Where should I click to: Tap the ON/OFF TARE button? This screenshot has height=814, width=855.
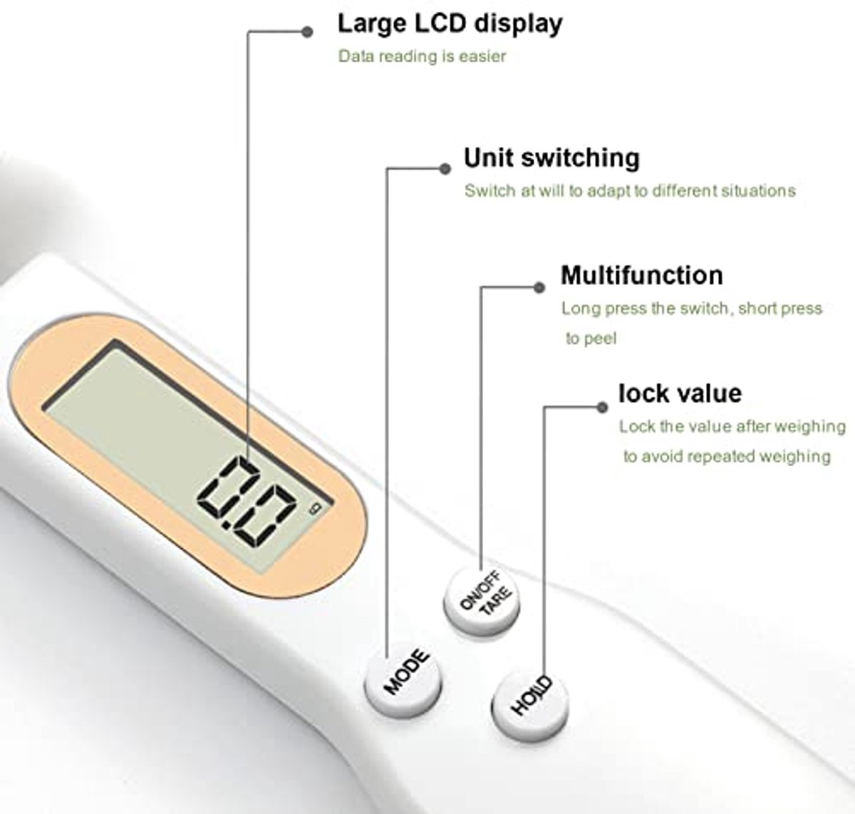click(x=482, y=601)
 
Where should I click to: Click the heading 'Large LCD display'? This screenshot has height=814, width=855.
click(x=450, y=24)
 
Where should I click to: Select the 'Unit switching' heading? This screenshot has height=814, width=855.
click(x=552, y=158)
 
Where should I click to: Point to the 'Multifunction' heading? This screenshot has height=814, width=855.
click(x=642, y=275)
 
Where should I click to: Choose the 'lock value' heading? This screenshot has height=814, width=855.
click(x=680, y=393)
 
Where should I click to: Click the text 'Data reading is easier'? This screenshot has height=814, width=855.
click(x=422, y=56)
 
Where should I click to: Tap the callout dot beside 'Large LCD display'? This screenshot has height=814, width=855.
click(x=308, y=32)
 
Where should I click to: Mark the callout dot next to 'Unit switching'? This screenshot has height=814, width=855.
click(x=445, y=169)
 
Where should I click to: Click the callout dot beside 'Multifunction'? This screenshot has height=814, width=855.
click(x=539, y=287)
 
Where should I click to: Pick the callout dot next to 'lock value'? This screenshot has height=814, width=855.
click(x=602, y=407)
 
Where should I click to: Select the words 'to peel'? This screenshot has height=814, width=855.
click(x=591, y=339)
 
